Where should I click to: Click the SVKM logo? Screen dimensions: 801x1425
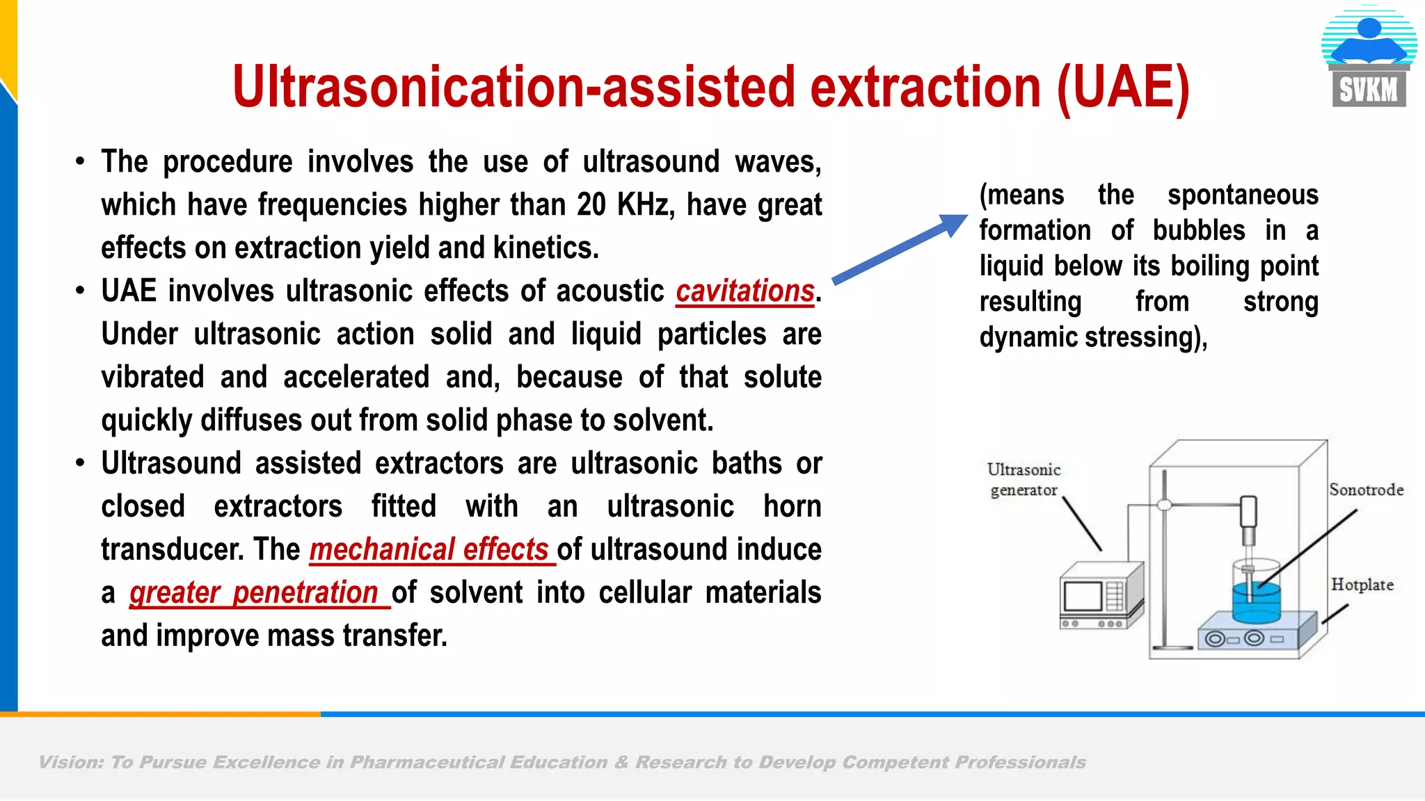1369,58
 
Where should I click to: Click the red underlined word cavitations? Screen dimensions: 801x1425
745,291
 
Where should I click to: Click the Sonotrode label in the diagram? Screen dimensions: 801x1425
1366,489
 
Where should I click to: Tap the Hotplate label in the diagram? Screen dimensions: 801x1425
1362,585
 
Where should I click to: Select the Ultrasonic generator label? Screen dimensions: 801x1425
1024,480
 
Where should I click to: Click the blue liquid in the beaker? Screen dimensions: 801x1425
1257,601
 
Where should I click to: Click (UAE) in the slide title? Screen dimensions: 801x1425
1123,88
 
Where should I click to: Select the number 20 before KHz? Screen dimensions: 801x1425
591,205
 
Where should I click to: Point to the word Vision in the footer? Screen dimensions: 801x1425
70,763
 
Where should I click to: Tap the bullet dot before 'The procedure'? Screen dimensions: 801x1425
81,162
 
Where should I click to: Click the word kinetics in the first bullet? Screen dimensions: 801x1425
545,248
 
